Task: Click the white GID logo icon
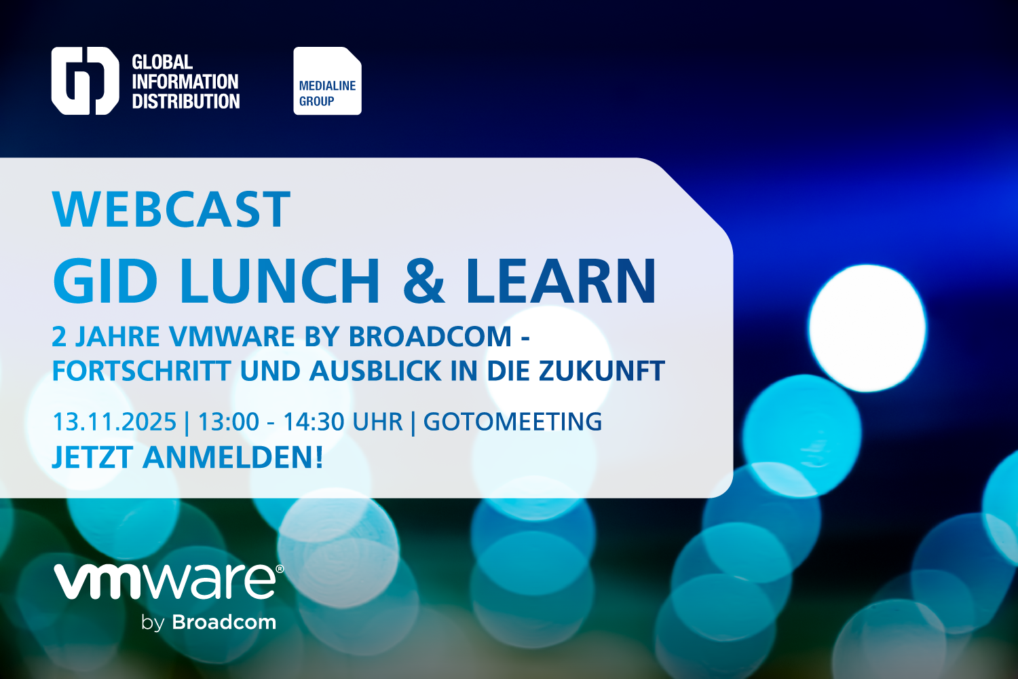point(85,81)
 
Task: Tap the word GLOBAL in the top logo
point(162,62)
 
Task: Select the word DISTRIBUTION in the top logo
point(186,101)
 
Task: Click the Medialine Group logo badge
point(327,81)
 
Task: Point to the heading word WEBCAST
point(171,209)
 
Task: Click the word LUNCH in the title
point(280,280)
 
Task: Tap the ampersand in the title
point(423,280)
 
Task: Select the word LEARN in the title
point(561,280)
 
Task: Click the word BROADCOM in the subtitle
point(430,337)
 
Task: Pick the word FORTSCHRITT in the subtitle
point(141,371)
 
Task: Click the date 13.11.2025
point(115,422)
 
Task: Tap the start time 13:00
point(229,422)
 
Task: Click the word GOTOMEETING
point(512,422)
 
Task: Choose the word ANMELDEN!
point(233,457)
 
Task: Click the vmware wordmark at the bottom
point(165,582)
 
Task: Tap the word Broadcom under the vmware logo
point(224,622)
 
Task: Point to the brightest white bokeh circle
point(867,328)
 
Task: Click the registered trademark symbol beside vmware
point(280,569)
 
